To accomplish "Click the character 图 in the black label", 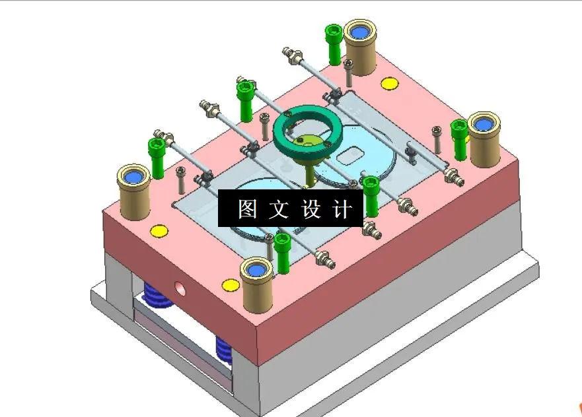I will tap(247, 210).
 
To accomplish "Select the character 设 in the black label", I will tap(311, 210).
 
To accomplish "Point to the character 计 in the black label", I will tap(343, 210).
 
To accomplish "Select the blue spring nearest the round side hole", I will tap(158, 298).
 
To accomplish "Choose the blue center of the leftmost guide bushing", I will tap(134, 176).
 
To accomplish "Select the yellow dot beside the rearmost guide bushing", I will tap(389, 83).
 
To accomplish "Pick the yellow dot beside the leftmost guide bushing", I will tap(159, 231).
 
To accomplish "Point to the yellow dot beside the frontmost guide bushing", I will tap(230, 285).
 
